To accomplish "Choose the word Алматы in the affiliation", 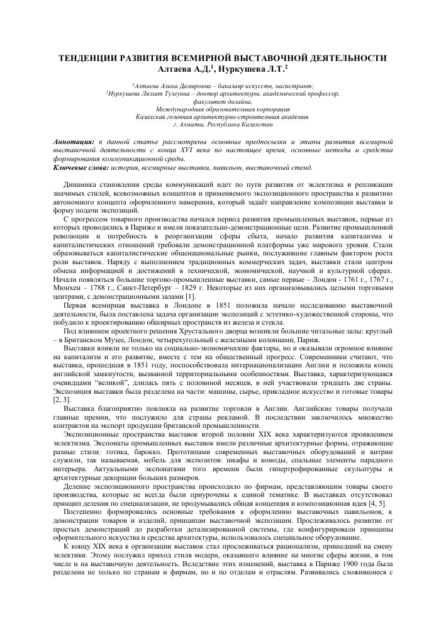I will click(x=207, y=125).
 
